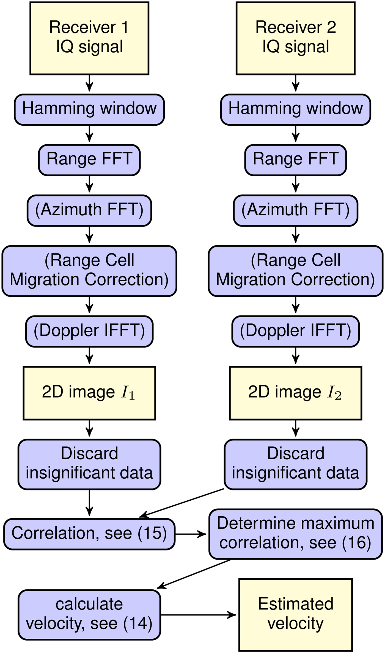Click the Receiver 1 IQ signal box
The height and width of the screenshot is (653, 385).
pos(89,38)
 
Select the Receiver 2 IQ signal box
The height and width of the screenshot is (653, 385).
pos(296,38)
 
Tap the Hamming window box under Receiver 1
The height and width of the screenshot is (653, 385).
pos(89,109)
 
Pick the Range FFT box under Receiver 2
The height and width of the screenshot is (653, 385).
pos(296,160)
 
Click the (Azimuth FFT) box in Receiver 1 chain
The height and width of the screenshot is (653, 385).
pos(89,211)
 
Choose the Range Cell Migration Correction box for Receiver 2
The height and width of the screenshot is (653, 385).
pos(296,271)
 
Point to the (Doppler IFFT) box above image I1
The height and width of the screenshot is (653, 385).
pos(89,331)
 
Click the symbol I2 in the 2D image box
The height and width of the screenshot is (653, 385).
pos(334,393)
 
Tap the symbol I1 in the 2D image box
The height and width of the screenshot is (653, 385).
pos(128,393)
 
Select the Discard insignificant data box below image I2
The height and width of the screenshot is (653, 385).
pos(296,464)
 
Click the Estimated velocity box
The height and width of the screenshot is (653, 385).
pos(296,614)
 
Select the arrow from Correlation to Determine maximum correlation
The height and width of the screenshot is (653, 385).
pos(191,534)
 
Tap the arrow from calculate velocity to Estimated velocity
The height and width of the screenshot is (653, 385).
pos(198,614)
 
